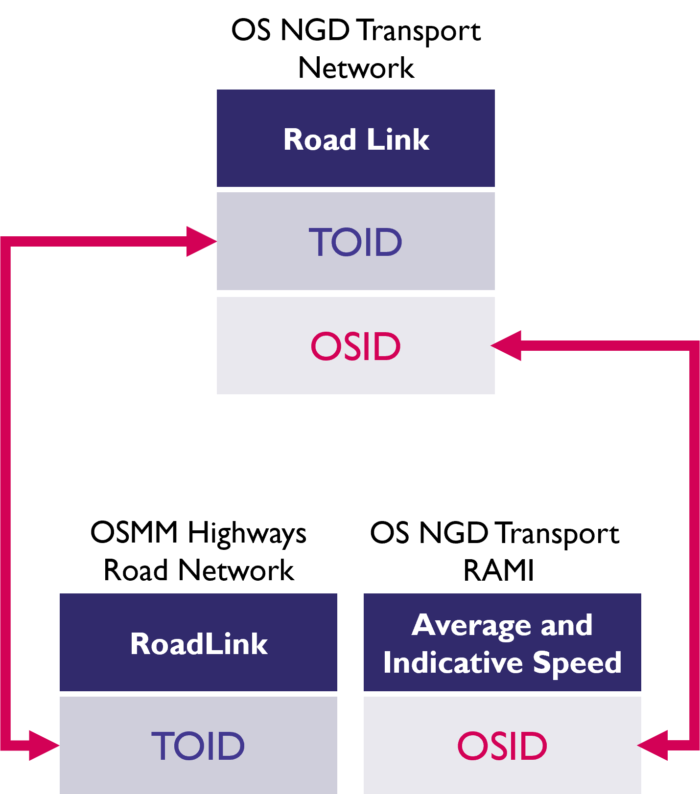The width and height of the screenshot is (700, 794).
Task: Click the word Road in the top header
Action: coord(319,140)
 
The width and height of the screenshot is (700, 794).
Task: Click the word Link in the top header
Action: coord(397,140)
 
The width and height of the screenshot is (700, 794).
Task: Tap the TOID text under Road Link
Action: coord(355,242)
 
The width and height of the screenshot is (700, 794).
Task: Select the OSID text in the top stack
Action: coord(355,346)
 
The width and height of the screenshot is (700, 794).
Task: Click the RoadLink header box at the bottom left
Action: coord(198,643)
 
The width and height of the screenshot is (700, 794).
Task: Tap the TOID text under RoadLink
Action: coord(198,746)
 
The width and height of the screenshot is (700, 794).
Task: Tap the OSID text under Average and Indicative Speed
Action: coord(502,746)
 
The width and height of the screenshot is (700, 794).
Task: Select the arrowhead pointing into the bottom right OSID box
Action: coord(654,746)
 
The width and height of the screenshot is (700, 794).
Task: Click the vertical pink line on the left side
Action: coord(5,489)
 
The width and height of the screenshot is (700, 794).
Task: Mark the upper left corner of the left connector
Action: coord(5,242)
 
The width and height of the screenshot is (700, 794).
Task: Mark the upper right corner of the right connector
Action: coord(695,346)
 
